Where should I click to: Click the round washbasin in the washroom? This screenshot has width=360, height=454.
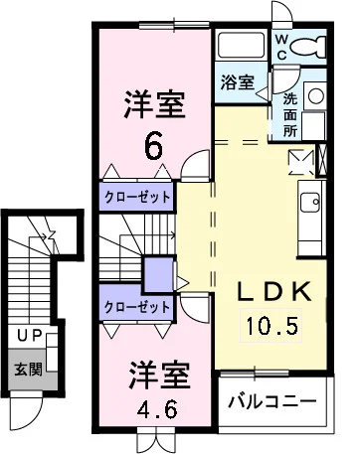[315, 95]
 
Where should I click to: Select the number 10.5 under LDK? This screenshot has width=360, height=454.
[271, 324]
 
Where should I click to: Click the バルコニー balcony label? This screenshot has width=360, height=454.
[271, 402]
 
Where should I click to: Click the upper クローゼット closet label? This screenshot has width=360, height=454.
[137, 196]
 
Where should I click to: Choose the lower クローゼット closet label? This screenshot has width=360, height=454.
[137, 307]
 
